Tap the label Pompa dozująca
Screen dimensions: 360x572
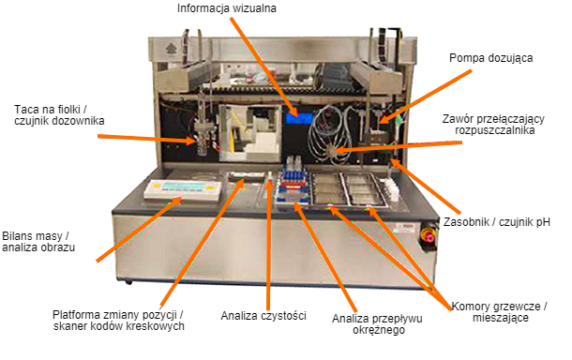tap(490, 57)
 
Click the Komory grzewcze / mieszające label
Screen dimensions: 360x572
tap(500, 312)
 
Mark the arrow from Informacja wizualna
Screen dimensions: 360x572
tap(267, 65)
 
